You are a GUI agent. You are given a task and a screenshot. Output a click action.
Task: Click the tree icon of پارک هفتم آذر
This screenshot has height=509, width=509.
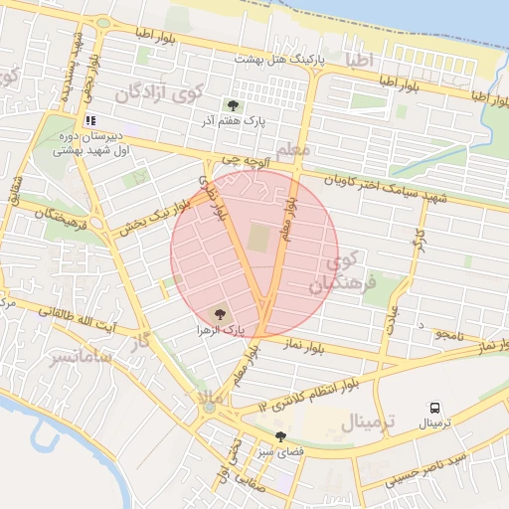tap(233, 103)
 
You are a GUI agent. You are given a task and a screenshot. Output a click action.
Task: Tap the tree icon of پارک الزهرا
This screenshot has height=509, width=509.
tap(220, 313)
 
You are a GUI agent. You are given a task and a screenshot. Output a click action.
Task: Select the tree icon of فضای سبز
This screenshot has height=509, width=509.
tap(281, 436)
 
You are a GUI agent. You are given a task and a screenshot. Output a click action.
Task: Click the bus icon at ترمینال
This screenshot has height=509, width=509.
tap(434, 408)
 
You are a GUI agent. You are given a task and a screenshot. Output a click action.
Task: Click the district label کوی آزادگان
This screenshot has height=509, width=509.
tap(159, 95)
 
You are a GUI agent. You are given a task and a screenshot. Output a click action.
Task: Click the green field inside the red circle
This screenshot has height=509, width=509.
tap(258, 240)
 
